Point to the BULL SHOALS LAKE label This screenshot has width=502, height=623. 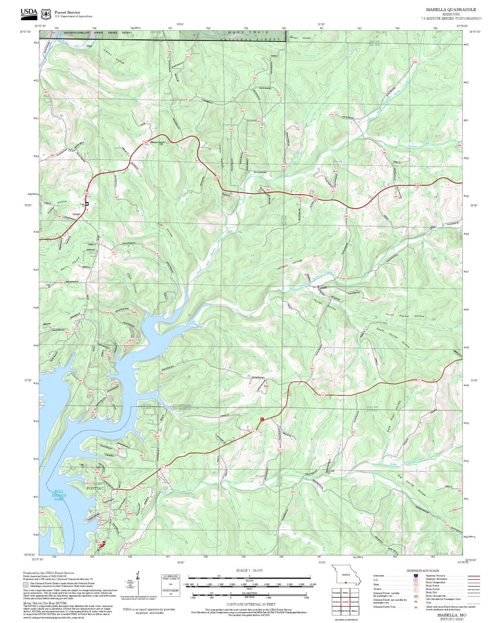[x=59, y=495]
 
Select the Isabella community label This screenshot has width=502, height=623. [x=76, y=214]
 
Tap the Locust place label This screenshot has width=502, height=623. [x=323, y=288]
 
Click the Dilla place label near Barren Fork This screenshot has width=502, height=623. [x=89, y=46]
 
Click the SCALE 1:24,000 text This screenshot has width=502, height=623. [x=249, y=570]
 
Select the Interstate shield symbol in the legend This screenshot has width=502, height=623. [x=415, y=576]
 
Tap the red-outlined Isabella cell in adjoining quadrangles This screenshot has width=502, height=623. [x=345, y=602]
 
